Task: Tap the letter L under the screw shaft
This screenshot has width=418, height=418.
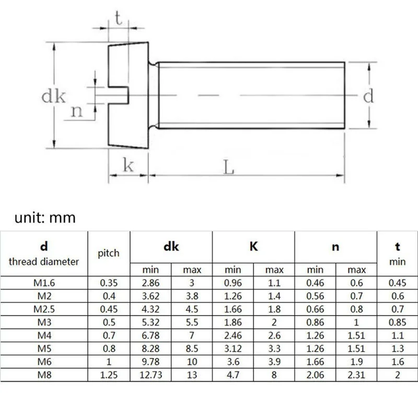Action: tap(229, 167)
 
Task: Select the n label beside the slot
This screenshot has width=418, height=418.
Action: tap(77, 111)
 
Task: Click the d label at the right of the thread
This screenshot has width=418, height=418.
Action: tap(368, 96)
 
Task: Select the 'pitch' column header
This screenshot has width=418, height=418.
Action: tap(109, 253)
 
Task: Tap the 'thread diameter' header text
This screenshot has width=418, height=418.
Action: tap(44, 261)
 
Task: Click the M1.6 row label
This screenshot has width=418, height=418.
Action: tap(44, 283)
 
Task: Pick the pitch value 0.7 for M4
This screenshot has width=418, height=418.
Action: tap(109, 333)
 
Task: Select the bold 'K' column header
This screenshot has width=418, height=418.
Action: tap(253, 246)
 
